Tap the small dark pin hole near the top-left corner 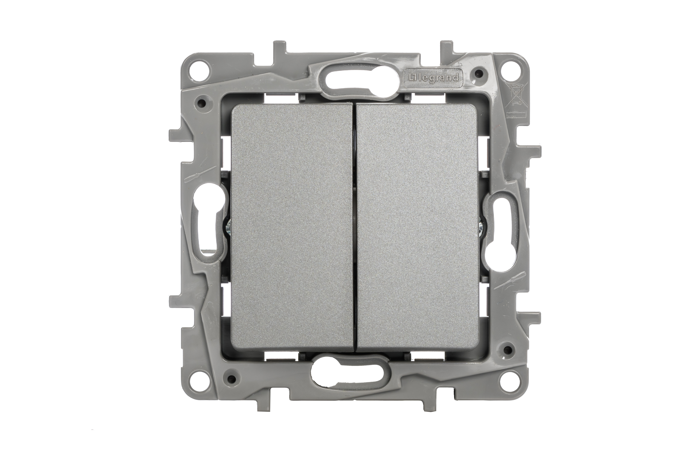(202, 103)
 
